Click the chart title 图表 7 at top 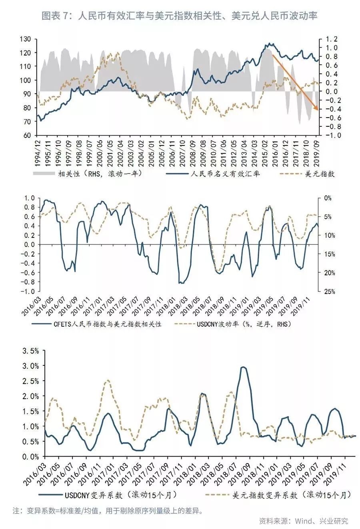click(180, 16)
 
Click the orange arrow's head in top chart click(317, 109)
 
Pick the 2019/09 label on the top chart click(316, 150)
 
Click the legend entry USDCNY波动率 click(244, 324)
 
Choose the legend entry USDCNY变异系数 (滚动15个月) click(120, 495)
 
